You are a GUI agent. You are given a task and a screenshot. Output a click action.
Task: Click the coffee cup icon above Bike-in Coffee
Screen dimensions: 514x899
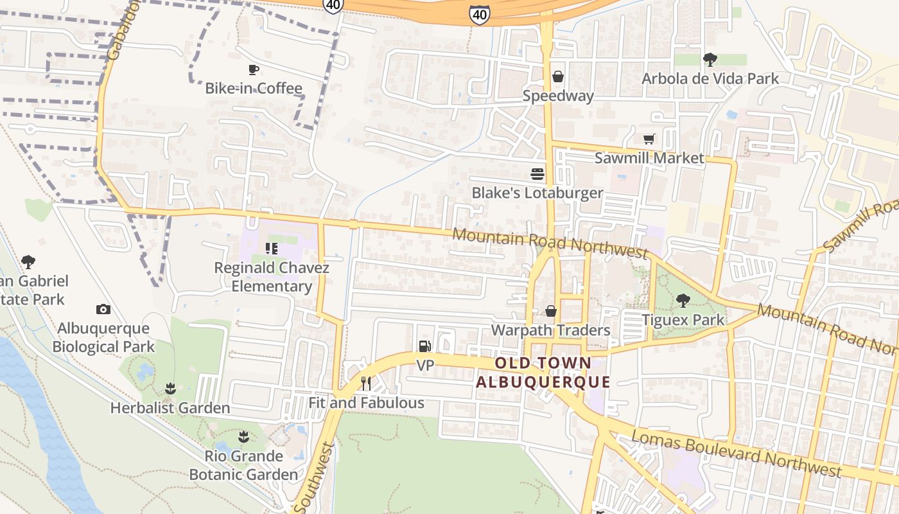coord(254,69)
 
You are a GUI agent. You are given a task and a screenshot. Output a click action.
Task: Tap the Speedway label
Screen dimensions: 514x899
coord(557,96)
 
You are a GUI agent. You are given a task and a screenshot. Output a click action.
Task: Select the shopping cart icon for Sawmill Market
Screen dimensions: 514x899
coord(649,139)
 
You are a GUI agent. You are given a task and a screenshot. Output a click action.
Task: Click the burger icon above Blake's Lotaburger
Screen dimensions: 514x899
coord(537,174)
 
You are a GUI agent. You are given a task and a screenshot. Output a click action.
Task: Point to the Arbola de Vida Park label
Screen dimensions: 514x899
coord(710,79)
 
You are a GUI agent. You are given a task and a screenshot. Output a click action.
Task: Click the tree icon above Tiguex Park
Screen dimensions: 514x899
coord(683,300)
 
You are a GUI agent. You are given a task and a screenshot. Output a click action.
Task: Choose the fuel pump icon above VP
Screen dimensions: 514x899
coord(424,346)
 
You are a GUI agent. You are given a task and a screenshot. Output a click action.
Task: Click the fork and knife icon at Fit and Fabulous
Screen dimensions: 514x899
coord(366,384)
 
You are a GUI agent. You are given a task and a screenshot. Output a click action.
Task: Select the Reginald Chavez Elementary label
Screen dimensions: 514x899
coord(272,277)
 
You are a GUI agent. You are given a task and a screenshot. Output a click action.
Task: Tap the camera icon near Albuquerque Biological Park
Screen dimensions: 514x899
coord(103,310)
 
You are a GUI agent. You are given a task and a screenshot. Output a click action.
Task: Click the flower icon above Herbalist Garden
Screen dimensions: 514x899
coord(170,388)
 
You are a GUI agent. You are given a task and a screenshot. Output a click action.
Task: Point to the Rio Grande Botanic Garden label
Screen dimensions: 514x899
coord(243,466)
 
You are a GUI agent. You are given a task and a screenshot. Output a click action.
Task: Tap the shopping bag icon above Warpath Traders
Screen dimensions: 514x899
coord(551,312)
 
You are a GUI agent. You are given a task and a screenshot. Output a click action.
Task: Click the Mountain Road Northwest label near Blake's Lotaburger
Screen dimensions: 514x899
coord(549,244)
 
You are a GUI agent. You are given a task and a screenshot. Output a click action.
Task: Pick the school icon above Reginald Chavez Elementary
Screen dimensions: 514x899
coord(271,248)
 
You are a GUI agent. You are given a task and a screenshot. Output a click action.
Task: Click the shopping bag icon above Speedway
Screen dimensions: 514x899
coord(557,76)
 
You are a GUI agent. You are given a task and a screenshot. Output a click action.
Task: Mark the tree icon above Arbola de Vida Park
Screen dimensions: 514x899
coord(710,60)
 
